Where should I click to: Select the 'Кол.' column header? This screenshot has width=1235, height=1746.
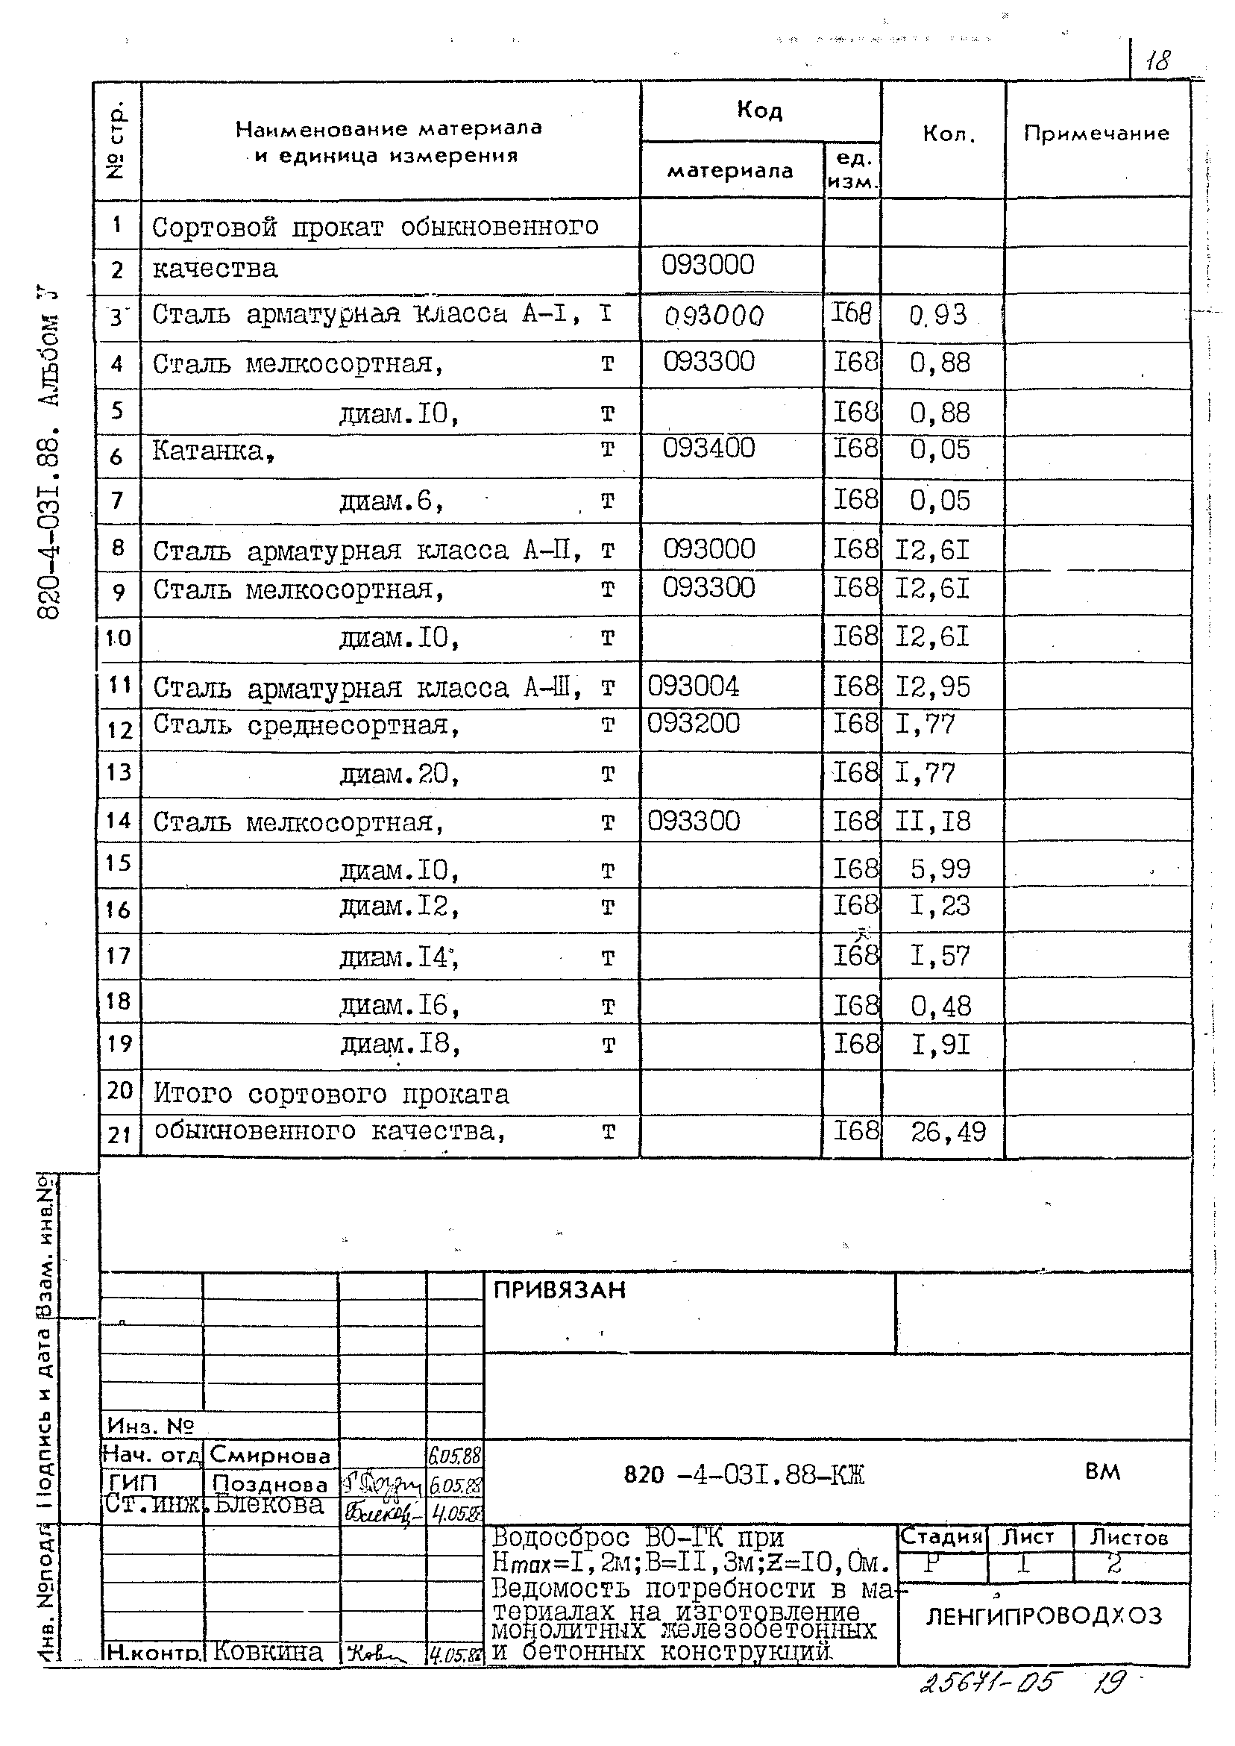pyautogui.click(x=949, y=134)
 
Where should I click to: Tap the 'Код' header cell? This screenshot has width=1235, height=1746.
pyautogui.click(x=759, y=111)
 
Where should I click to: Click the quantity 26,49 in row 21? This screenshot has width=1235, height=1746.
pyautogui.click(x=949, y=1132)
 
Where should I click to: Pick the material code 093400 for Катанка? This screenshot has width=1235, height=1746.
pyautogui.click(x=708, y=448)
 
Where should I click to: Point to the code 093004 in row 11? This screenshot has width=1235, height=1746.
pyautogui.click(x=693, y=687)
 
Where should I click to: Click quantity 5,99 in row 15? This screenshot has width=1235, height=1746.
pyautogui.click(x=940, y=869)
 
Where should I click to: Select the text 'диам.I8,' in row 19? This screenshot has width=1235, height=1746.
pyautogui.click(x=400, y=1045)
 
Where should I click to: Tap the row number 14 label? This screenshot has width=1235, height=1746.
pyautogui.click(x=119, y=821)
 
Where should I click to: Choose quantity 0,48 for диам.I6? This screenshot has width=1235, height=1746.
pyautogui.click(x=940, y=1007)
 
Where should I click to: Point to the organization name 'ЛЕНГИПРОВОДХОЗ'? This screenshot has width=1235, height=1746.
pyautogui.click(x=1043, y=1616)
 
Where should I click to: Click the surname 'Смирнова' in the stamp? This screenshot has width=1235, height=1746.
pyautogui.click(x=270, y=1454)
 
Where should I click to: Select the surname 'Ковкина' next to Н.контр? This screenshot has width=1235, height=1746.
pyautogui.click(x=268, y=1653)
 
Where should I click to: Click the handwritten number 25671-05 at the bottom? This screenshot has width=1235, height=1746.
pyautogui.click(x=987, y=1682)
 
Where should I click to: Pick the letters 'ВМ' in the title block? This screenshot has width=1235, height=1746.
pyautogui.click(x=1102, y=1472)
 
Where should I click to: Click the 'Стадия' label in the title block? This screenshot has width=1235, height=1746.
pyautogui.click(x=941, y=1537)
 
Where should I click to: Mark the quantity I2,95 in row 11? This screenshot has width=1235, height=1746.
pyautogui.click(x=932, y=687)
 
